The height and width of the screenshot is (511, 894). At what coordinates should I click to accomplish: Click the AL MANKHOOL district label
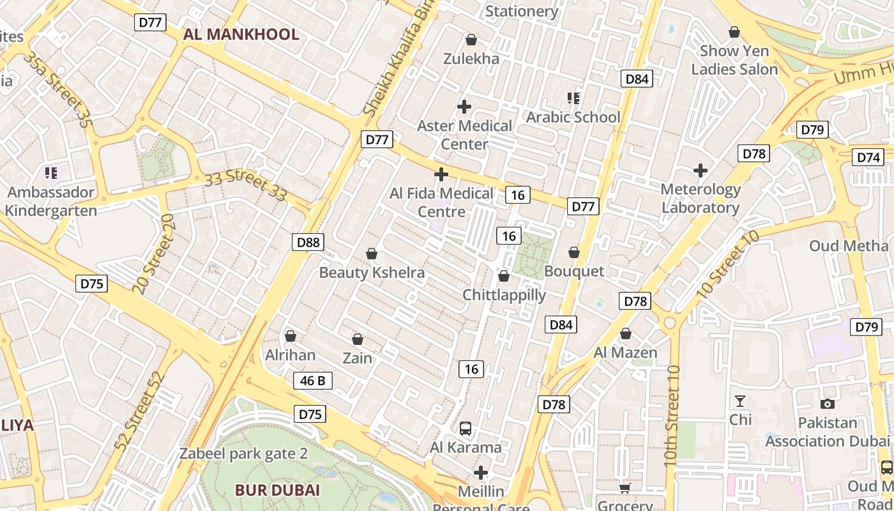(x=241, y=34)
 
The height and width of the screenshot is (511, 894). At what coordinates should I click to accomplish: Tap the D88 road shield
(x=308, y=242)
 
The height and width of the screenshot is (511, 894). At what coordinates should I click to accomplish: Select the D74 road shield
(x=868, y=157)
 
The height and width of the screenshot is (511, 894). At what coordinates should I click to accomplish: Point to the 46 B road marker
(x=313, y=381)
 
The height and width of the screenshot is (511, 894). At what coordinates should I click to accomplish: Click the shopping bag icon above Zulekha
(x=471, y=40)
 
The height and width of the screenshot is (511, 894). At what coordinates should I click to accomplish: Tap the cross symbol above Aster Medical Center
(x=464, y=107)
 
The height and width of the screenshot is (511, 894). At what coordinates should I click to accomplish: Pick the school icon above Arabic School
(x=573, y=98)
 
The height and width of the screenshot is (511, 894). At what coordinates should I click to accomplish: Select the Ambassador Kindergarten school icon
(x=51, y=172)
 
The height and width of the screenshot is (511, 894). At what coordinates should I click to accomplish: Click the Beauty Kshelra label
(x=372, y=273)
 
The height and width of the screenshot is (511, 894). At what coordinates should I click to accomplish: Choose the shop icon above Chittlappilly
(x=504, y=276)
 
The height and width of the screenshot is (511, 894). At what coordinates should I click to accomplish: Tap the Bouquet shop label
(x=574, y=271)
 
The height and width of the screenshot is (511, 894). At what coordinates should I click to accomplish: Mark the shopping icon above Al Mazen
(x=626, y=333)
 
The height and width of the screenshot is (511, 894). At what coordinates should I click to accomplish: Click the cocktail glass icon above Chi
(x=740, y=401)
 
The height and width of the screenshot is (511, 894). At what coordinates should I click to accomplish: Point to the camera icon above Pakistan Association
(x=828, y=404)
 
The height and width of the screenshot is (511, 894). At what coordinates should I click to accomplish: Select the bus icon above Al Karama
(x=466, y=429)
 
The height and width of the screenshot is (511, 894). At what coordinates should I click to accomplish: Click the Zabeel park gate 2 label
(x=244, y=454)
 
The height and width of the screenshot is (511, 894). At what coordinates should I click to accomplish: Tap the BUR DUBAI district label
(x=277, y=491)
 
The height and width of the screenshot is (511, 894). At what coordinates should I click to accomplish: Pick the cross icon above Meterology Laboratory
(x=701, y=171)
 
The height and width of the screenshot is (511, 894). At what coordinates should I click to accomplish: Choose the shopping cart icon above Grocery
(x=625, y=488)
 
